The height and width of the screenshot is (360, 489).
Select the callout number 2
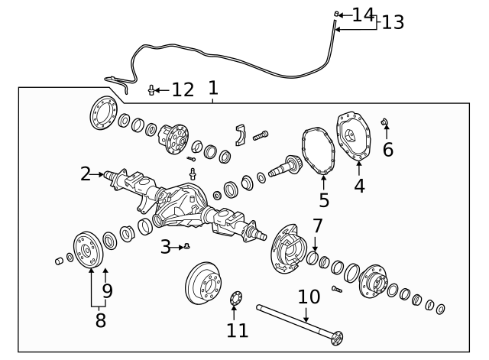[86, 174]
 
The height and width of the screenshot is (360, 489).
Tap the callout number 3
[165, 246]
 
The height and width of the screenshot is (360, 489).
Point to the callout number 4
[359, 185]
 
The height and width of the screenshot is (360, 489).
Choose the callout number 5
[324, 200]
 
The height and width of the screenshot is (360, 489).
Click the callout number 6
[388, 149]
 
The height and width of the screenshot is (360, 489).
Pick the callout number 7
[317, 226]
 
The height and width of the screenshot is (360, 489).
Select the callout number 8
[100, 319]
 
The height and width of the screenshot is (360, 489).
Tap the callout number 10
[309, 296]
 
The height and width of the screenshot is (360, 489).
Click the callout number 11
[237, 329]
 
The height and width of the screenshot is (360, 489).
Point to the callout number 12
[183, 90]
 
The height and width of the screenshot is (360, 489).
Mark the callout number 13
[392, 22]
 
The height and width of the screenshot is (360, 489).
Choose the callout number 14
[363, 14]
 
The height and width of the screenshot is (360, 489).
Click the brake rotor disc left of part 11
[204, 285]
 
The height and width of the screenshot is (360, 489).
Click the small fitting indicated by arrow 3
[186, 246]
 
